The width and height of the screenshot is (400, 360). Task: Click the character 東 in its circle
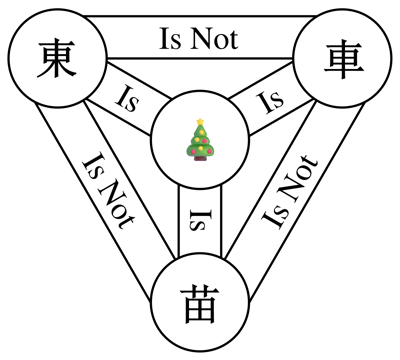click(x=56, y=59)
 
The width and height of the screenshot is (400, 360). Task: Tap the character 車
click(x=343, y=59)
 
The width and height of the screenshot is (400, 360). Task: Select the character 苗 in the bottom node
click(x=200, y=304)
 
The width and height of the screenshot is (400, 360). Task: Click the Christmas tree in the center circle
click(x=200, y=139)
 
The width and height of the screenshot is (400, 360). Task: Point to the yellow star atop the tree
click(x=200, y=122)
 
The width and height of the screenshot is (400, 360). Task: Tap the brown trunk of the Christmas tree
click(x=200, y=158)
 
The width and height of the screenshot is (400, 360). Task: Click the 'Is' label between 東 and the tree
click(x=128, y=99)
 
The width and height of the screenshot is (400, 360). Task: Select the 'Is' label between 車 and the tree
click(x=271, y=100)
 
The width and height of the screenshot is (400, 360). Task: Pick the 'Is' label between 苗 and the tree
click(x=200, y=220)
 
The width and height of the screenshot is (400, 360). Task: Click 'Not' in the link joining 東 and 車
click(x=214, y=39)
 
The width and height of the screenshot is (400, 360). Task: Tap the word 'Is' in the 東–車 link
click(x=171, y=39)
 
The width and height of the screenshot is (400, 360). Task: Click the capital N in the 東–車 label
click(x=201, y=39)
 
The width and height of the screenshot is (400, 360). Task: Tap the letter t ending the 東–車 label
click(x=234, y=41)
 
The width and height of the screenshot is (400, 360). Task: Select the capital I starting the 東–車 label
click(x=164, y=39)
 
